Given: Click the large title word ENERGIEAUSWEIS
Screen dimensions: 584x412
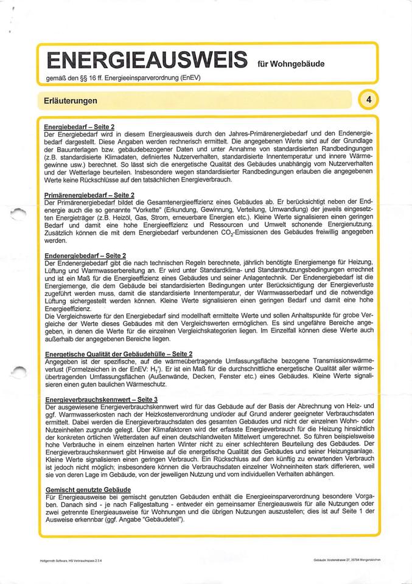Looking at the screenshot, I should point(146,61).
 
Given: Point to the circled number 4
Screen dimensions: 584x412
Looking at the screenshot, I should point(369,99).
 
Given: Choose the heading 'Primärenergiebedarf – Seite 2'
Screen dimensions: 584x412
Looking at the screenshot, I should point(89,194).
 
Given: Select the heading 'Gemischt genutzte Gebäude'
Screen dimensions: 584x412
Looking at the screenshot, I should point(88,490).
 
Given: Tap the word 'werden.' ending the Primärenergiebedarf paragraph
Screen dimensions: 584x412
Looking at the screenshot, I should point(56,241).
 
